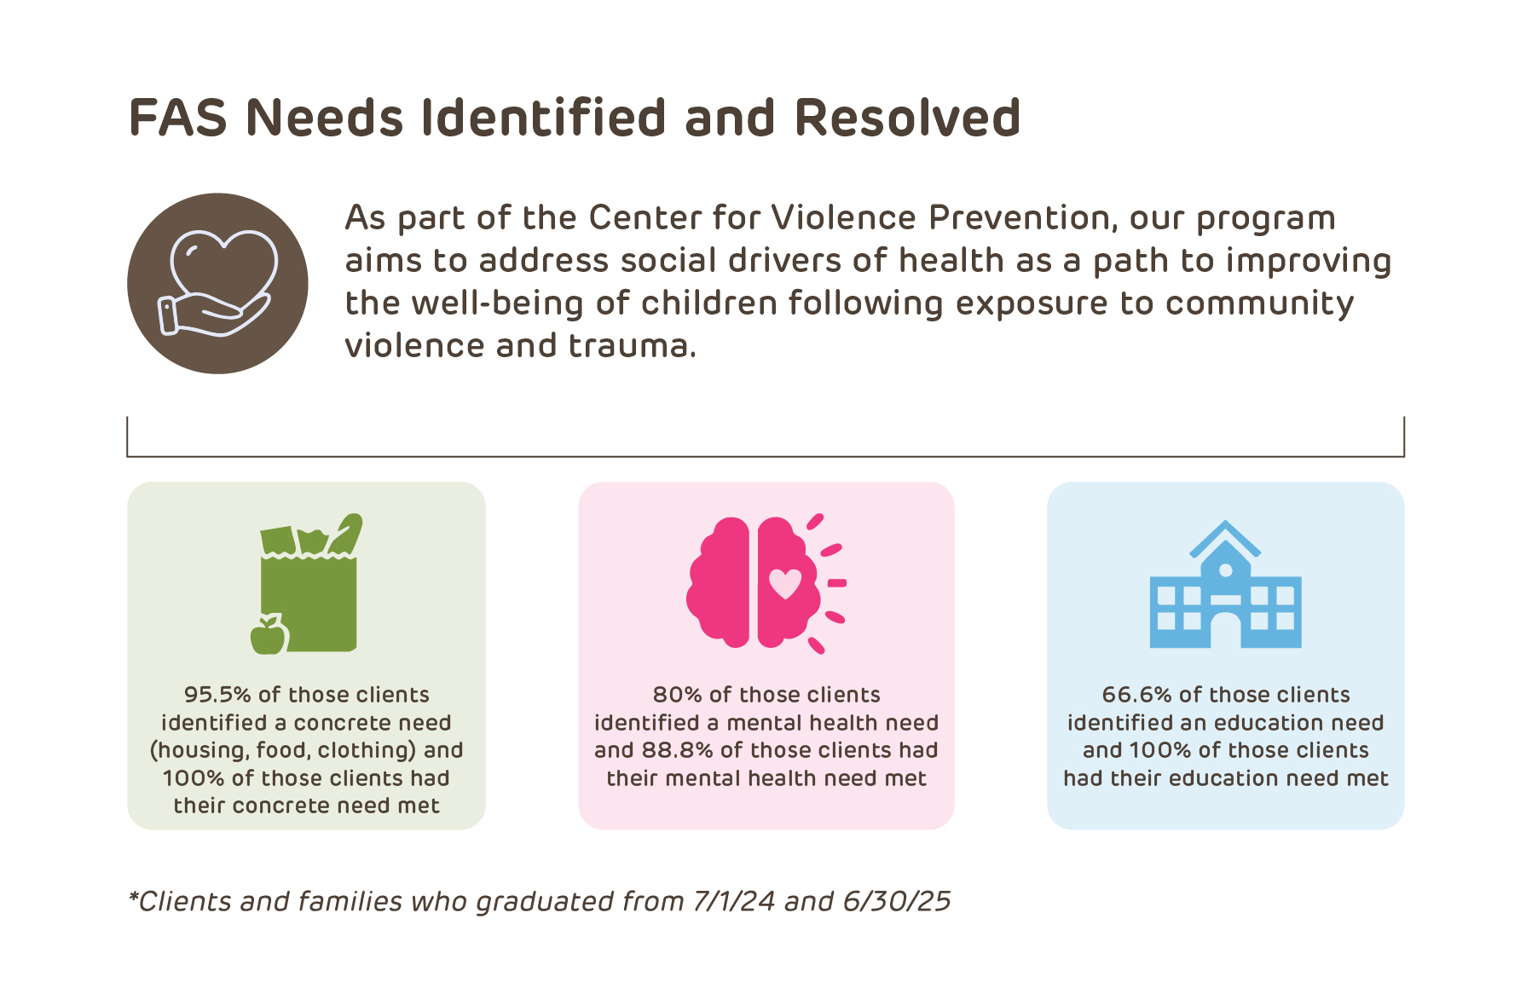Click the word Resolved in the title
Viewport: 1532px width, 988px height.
tap(907, 118)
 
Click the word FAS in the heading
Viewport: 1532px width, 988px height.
tap(177, 118)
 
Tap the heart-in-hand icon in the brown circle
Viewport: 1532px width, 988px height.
tap(218, 284)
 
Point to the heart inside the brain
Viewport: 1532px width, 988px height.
tap(785, 583)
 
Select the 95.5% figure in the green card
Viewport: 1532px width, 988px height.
tap(217, 695)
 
